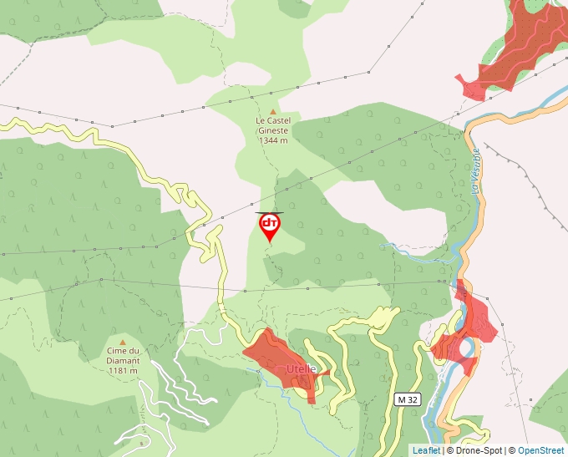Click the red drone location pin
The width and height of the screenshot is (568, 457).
[269, 226]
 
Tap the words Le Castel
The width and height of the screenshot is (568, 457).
[273, 120]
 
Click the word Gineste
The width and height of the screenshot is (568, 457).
[273, 130]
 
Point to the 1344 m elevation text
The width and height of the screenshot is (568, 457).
[273, 140]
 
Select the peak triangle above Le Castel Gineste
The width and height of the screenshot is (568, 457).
[273, 110]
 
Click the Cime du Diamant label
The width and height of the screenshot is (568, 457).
[123, 356]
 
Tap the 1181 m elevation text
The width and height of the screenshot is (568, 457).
[123, 370]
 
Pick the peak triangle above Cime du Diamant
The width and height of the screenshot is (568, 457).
[123, 342]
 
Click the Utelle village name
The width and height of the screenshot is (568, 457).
[302, 368]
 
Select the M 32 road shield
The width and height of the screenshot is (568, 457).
[407, 400]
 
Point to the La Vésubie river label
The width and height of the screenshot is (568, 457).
[477, 171]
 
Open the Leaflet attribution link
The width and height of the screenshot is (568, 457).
[426, 450]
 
